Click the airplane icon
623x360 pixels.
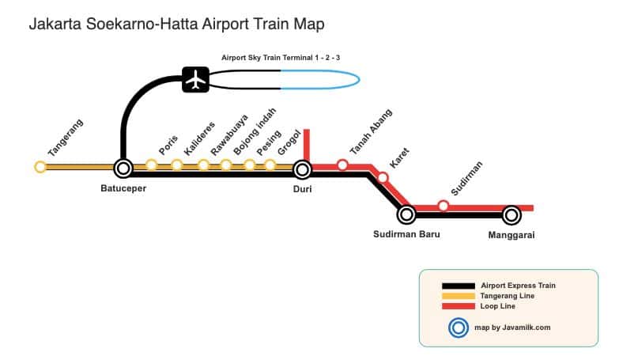(195, 79)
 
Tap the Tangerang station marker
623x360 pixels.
(40, 167)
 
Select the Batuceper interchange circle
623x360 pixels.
(123, 168)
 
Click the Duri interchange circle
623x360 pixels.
(302, 169)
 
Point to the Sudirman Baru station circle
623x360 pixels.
(406, 214)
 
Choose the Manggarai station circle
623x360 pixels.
(512, 214)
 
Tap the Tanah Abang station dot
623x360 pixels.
(342, 165)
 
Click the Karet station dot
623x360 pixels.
(383, 177)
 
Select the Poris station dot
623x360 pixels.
(151, 165)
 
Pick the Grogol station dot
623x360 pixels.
(270, 165)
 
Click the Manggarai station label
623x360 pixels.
(512, 235)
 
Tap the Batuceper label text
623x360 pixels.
(123, 188)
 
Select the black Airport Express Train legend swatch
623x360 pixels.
(458, 285)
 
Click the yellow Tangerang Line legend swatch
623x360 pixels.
(458, 296)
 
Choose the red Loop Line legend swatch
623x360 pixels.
(458, 306)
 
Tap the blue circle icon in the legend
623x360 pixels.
(457, 327)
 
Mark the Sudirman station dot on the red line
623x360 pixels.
(444, 206)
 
